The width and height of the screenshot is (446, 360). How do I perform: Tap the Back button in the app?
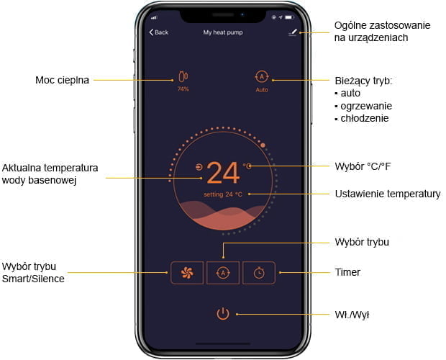159,32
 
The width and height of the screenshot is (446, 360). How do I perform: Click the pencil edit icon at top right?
293,32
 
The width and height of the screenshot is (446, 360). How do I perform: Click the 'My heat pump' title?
223,32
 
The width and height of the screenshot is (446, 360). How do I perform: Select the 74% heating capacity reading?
183,89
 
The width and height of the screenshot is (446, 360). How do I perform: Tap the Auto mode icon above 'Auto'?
262,76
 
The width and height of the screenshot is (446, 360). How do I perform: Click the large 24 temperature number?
223,173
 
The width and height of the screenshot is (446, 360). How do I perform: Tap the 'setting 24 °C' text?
223,194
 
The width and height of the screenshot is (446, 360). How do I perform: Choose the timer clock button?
259,273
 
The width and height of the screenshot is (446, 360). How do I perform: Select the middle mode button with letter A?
223,273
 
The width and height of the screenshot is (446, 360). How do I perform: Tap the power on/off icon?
223,314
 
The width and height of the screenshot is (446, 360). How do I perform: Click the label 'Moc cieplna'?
62,80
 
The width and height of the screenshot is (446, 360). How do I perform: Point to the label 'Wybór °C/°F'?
363,166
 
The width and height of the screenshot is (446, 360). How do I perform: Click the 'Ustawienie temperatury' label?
388,194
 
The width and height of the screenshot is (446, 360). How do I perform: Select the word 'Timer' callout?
347,272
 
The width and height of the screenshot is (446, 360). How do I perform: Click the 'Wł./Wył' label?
352,315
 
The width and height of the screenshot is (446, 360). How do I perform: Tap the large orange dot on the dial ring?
263,145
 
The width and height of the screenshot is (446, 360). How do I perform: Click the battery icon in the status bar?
289,17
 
